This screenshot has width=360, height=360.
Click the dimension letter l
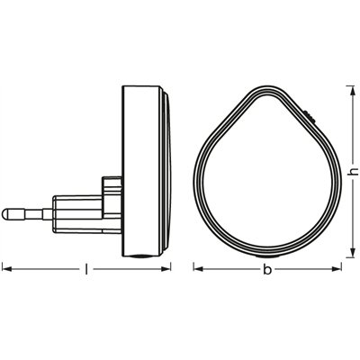click(86, 268)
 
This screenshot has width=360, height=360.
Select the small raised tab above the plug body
click(112, 187)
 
